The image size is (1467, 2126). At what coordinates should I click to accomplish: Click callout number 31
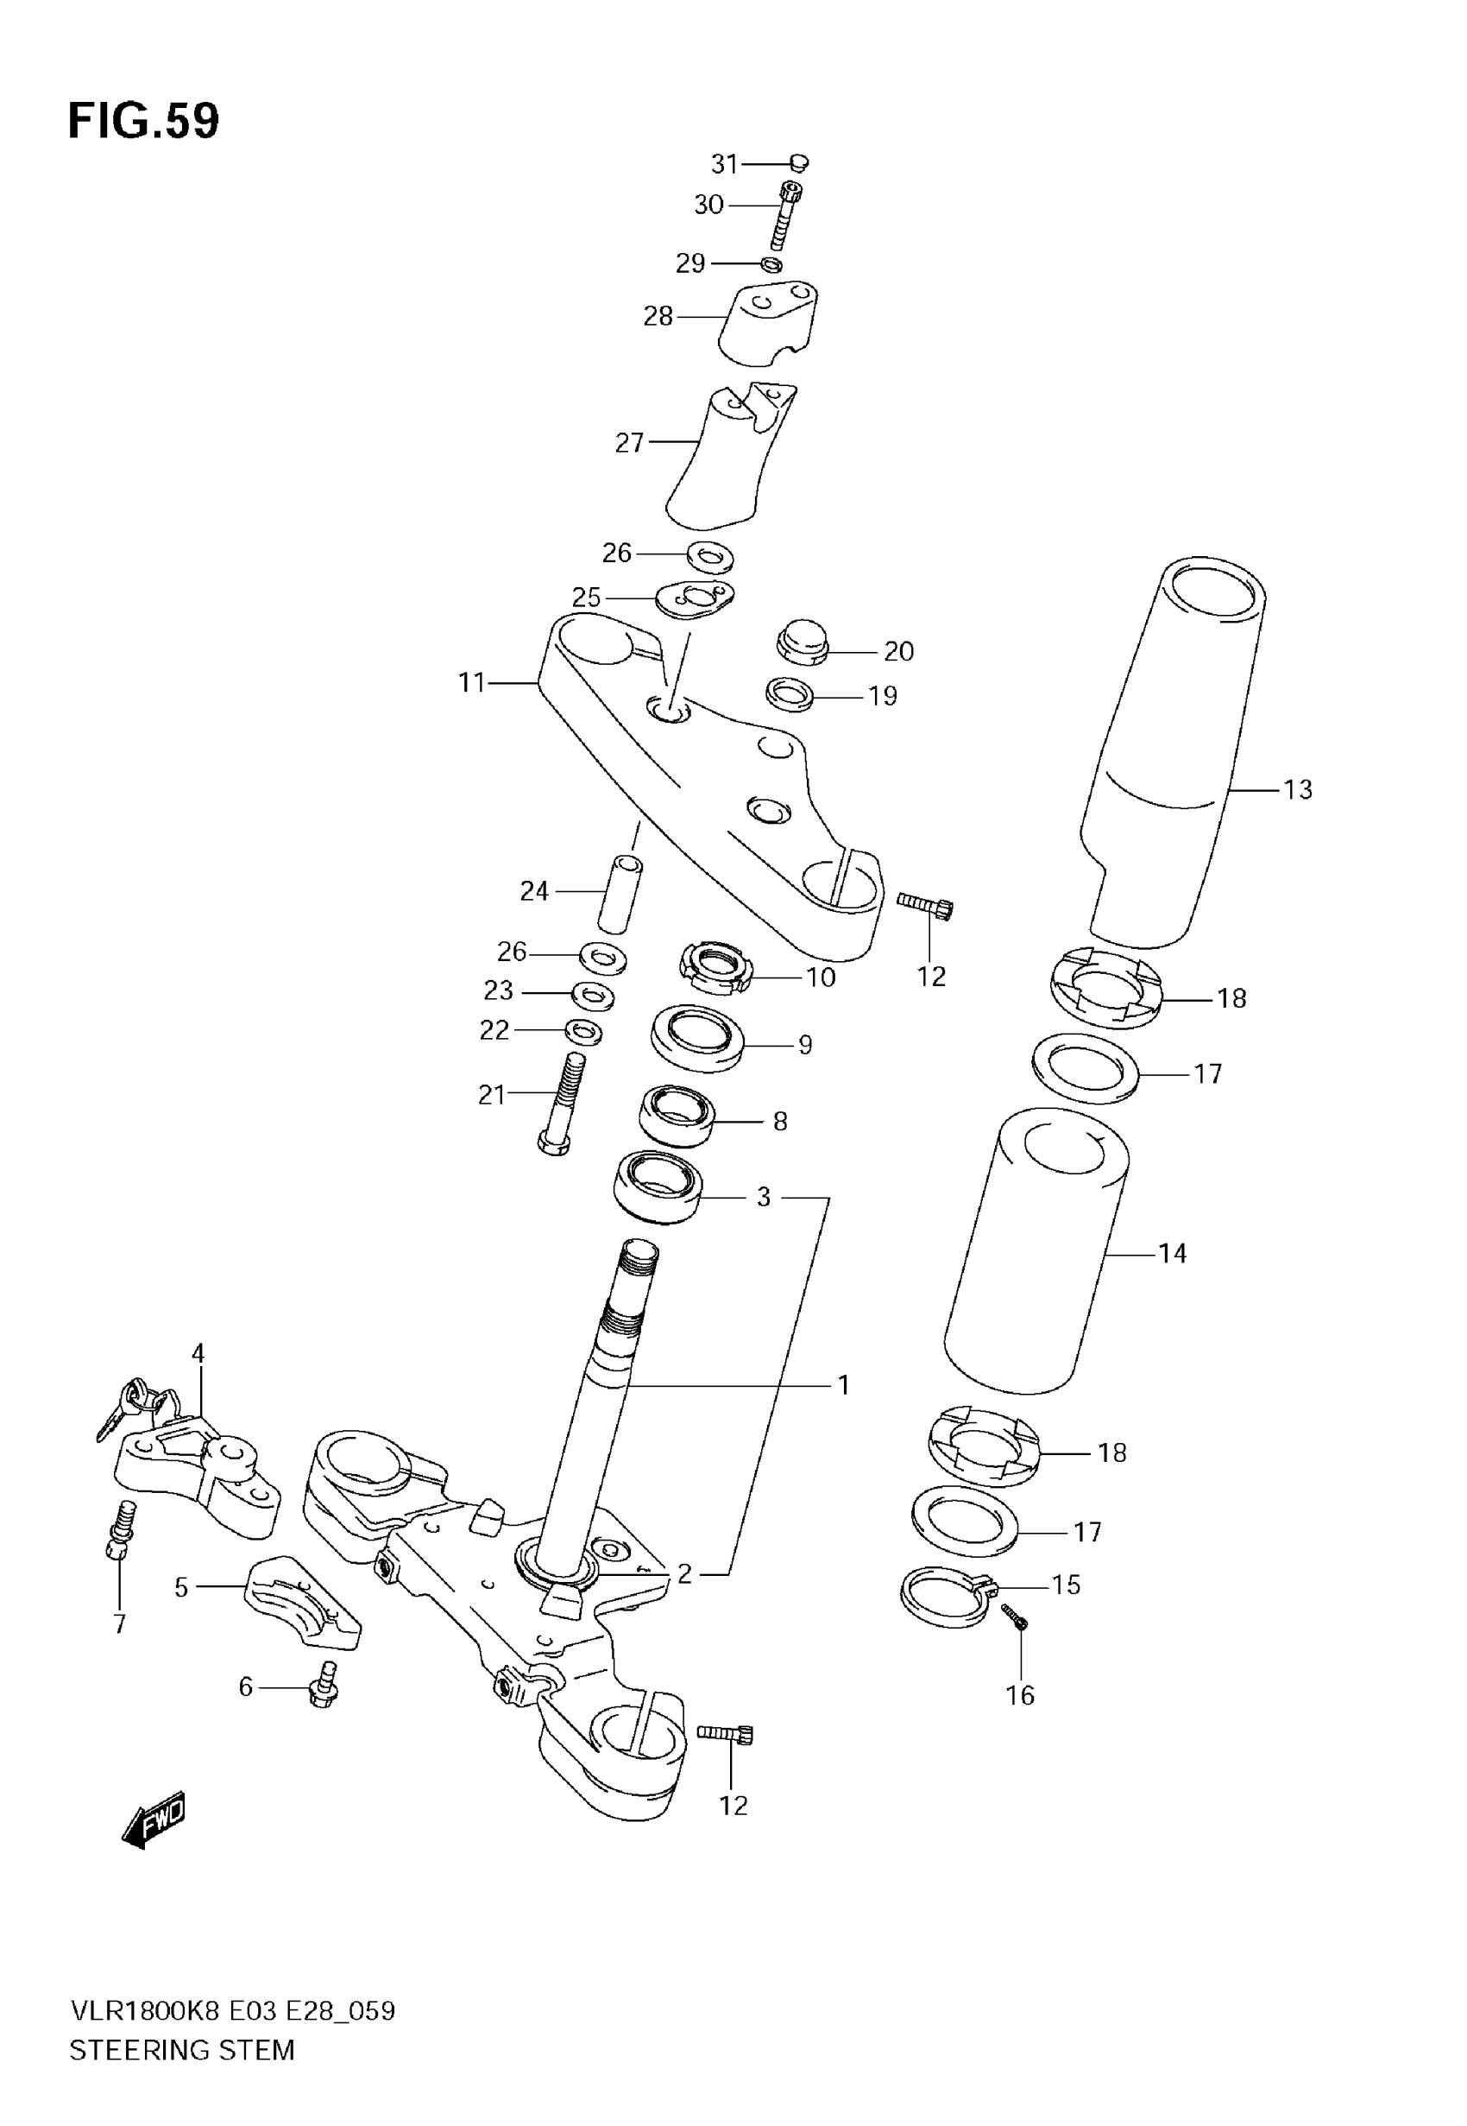point(724,164)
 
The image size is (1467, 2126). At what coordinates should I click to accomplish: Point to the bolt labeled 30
point(786,215)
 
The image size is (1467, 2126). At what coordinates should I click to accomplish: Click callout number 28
point(658,316)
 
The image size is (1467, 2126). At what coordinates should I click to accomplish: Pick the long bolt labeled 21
point(562,1104)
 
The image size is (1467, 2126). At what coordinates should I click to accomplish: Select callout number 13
point(1298,790)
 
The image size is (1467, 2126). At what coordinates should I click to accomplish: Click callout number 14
point(1172,1253)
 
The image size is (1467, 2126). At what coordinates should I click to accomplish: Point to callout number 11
point(471,683)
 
